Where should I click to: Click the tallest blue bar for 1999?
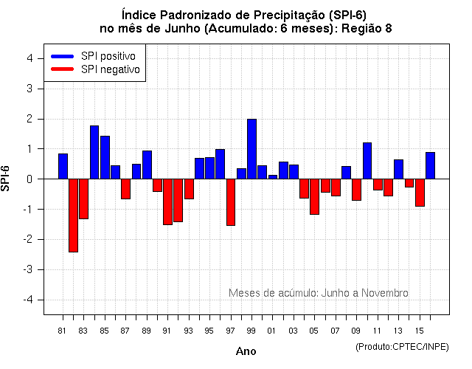click(251, 148)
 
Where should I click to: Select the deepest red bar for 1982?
click(73, 215)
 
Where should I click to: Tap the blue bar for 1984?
click(94, 152)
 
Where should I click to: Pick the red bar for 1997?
click(231, 201)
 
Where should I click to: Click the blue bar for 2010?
click(367, 160)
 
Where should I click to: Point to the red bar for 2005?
click(314, 196)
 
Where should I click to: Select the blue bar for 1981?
click(63, 166)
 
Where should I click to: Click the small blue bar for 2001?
click(273, 176)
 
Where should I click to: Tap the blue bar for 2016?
click(430, 165)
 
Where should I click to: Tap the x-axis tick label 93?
click(189, 331)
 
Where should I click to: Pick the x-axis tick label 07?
click(336, 331)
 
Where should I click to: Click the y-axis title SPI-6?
click(7, 179)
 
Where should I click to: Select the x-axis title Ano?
click(246, 352)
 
